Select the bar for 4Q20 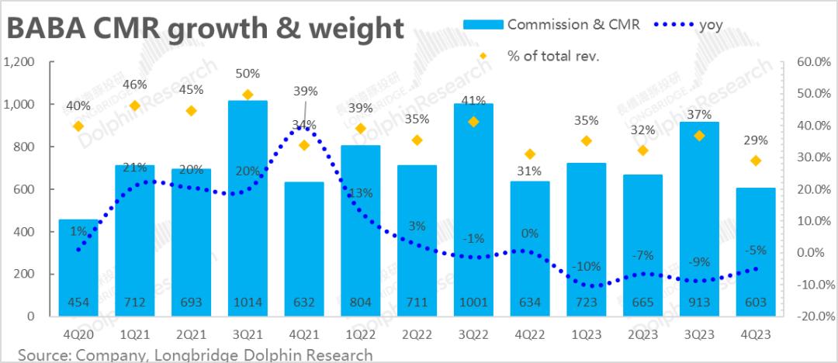(78, 268)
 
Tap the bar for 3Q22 (473, 209)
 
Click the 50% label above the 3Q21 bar (248, 74)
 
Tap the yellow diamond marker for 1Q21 (135, 105)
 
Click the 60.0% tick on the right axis (815, 62)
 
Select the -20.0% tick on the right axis (815, 316)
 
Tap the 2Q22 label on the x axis (417, 334)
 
